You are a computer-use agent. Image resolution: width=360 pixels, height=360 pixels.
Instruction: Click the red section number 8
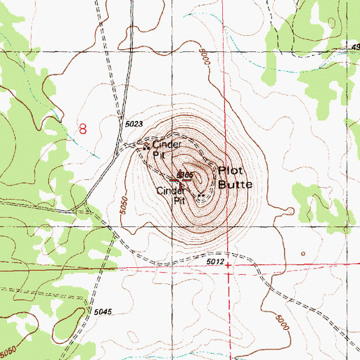coord(84,128)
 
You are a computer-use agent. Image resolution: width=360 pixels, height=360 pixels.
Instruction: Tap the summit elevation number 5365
coord(185,174)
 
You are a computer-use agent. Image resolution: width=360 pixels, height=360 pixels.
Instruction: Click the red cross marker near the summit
coord(181,181)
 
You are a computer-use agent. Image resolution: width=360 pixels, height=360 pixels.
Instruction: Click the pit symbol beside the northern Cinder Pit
coord(146,147)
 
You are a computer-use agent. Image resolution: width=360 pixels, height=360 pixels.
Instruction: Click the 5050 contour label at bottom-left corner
coord(9,349)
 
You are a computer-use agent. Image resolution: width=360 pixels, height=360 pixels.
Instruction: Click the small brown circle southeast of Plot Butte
coord(303,254)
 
